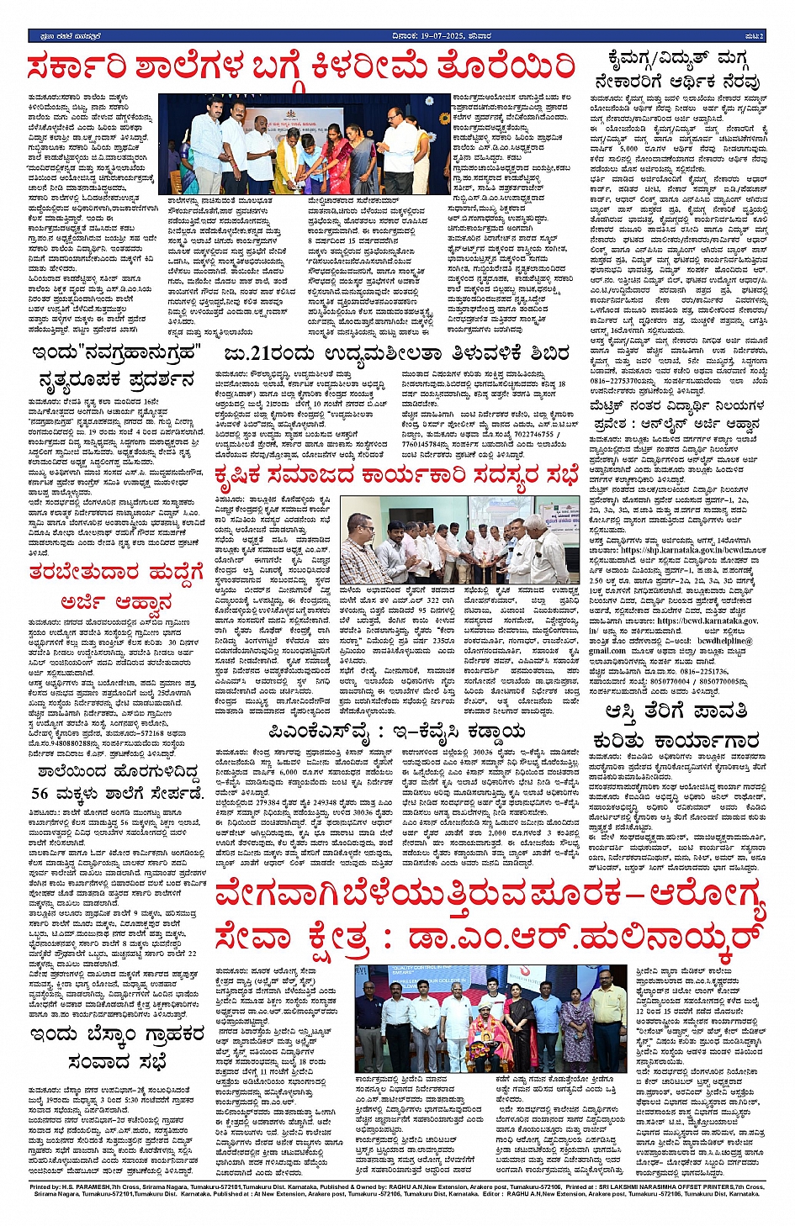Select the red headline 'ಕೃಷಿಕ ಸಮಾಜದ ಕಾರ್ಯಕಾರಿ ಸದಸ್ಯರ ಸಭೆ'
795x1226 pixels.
tap(396, 476)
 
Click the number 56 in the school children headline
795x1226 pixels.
tap(40, 793)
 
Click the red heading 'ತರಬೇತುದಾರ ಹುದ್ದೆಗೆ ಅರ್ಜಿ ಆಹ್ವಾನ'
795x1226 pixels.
tap(115, 587)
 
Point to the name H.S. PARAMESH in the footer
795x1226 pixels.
tap(96, 1186)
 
